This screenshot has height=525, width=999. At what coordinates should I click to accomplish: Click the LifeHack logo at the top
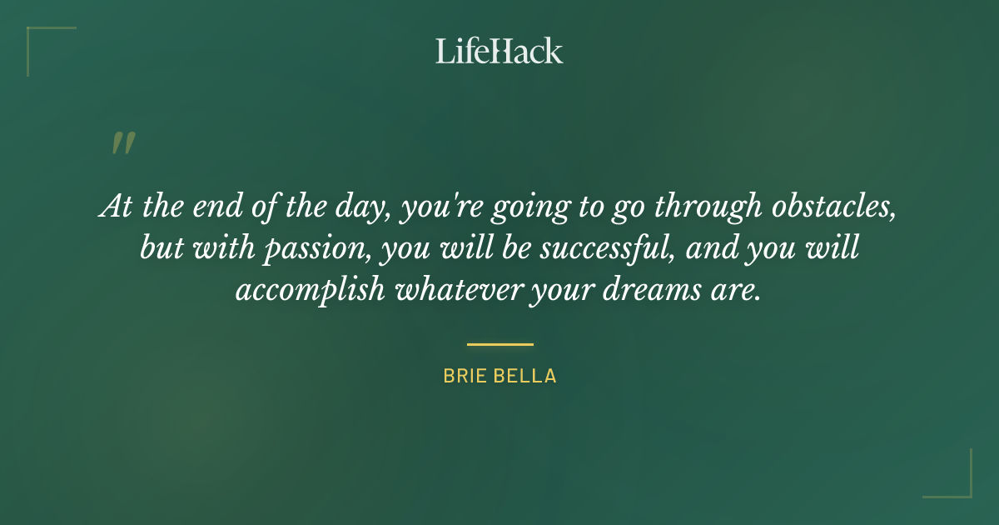coord(499,51)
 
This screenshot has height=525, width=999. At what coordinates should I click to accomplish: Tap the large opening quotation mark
coord(122,144)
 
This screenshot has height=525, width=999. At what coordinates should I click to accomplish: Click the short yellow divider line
coord(499,343)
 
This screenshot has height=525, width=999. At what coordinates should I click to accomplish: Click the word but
coord(158,249)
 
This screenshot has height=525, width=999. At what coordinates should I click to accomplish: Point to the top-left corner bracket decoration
coord(37,37)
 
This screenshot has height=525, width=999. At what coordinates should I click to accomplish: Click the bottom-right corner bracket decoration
coord(962,487)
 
